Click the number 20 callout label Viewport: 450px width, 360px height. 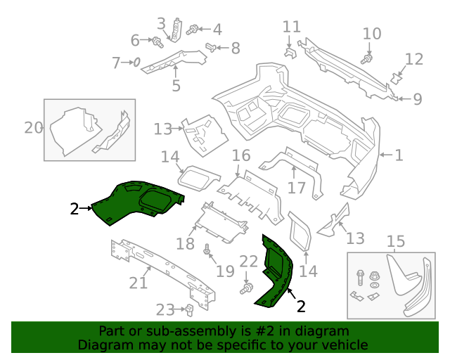pos(33,128)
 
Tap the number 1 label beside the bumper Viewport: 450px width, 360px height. pos(399,155)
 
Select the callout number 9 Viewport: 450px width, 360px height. pos(417,99)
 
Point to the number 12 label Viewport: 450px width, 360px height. pos(414,60)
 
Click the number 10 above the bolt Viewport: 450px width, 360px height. pos(372,33)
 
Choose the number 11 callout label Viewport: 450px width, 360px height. pos(292,27)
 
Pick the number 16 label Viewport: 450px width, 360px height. pos(241,155)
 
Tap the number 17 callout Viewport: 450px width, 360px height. pos(297,188)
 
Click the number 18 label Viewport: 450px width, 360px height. pos(185,244)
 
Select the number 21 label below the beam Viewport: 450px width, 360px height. pos(139,283)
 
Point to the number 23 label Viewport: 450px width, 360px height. pos(165,309)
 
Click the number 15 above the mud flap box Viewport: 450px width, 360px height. pos(396,243)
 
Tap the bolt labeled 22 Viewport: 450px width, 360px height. pos(247,288)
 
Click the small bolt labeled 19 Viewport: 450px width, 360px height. pos(207,251)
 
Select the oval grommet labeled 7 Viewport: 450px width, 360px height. pos(137,63)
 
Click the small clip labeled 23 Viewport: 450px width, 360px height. pos(189,309)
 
